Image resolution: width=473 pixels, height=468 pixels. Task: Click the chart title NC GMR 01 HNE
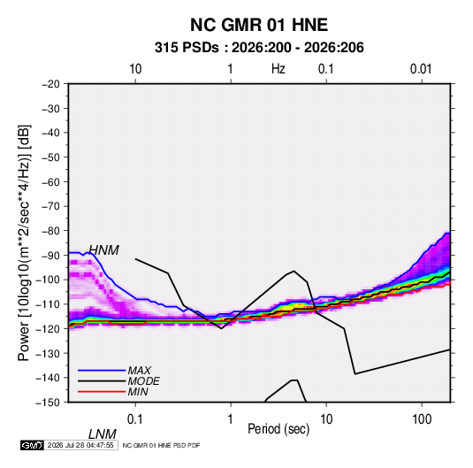click(259, 25)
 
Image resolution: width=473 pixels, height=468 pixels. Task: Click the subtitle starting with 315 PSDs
click(259, 48)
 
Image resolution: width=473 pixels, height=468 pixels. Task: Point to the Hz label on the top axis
click(278, 69)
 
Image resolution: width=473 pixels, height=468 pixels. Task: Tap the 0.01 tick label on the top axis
click(421, 69)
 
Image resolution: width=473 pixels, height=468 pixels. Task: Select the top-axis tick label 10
click(135, 69)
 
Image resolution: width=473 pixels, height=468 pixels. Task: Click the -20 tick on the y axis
click(50, 84)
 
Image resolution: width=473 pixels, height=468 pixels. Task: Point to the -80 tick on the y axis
click(50, 231)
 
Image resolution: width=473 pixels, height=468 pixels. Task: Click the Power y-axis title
click(24, 242)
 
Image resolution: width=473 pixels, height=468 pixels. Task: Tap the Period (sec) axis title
click(278, 429)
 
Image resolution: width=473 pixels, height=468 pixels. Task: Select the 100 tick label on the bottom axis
click(422, 419)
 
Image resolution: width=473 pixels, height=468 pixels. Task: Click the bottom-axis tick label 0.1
click(135, 419)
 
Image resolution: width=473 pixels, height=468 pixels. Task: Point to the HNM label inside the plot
click(103, 250)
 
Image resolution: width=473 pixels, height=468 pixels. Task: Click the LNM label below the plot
click(102, 434)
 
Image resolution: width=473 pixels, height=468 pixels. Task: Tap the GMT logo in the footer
click(33, 445)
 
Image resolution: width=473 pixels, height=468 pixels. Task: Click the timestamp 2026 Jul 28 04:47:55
click(80, 445)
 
